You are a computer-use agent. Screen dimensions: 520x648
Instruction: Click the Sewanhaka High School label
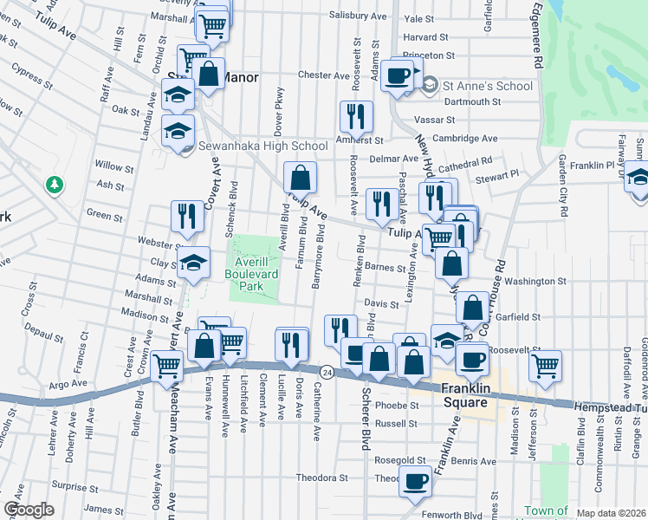[262, 146]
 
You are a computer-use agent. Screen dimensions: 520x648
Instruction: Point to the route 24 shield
[326, 372]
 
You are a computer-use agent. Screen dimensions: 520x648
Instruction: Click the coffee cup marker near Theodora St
[415, 480]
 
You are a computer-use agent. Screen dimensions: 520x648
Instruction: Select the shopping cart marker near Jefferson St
[545, 365]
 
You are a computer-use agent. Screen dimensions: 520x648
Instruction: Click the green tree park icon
[55, 185]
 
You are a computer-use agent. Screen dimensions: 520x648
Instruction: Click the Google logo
[28, 510]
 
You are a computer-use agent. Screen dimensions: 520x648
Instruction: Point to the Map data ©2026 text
[610, 513]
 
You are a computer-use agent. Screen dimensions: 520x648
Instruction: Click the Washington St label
[535, 281]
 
